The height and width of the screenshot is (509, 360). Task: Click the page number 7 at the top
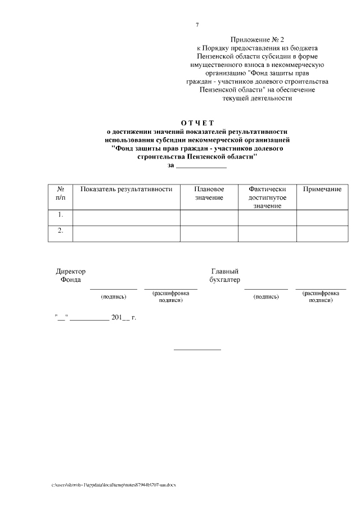197,25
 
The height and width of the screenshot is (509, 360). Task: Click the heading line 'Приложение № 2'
257,40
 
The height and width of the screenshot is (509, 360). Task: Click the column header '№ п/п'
60,193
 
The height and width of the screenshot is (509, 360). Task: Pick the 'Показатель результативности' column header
126,190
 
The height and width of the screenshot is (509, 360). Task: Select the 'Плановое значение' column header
209,193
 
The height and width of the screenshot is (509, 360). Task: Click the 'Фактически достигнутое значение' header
267,198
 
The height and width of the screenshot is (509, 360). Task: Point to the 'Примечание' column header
322,190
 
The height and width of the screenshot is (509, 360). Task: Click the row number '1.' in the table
60,215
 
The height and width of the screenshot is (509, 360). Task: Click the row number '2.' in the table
60,231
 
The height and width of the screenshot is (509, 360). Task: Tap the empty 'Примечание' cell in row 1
322,217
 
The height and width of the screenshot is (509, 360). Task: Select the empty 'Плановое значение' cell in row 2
209,233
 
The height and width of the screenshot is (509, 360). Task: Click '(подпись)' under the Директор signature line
113,296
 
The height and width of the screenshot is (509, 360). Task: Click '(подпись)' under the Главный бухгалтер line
266,296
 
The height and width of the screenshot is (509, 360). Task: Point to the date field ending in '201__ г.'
96,318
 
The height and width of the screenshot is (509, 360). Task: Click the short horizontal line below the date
197,350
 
